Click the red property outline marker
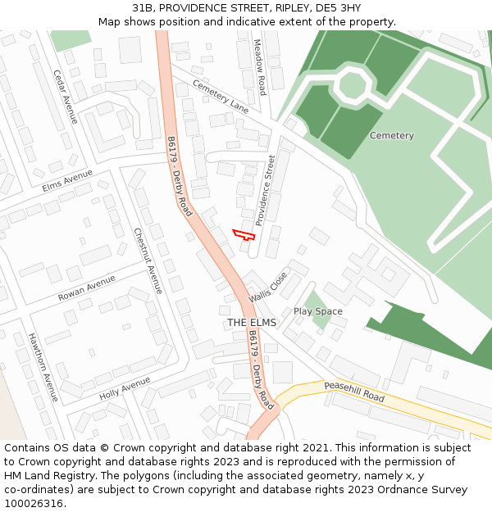(244, 234)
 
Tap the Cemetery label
(391, 135)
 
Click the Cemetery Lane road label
(221, 96)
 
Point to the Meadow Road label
(259, 67)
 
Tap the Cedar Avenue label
(65, 97)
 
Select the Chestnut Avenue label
(148, 261)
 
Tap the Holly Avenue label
(125, 387)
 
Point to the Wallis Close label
(268, 286)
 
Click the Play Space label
(318, 311)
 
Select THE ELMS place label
(252, 323)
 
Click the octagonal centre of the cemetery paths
(353, 84)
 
